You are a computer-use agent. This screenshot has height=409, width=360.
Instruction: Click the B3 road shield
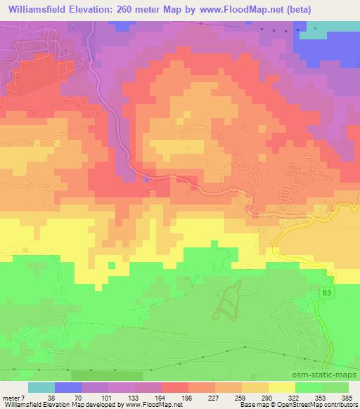click(325, 292)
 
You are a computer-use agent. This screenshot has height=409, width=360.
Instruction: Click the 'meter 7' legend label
click(14, 397)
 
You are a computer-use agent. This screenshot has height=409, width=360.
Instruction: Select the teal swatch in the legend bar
click(41, 387)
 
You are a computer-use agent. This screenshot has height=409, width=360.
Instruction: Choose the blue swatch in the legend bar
click(68, 387)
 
